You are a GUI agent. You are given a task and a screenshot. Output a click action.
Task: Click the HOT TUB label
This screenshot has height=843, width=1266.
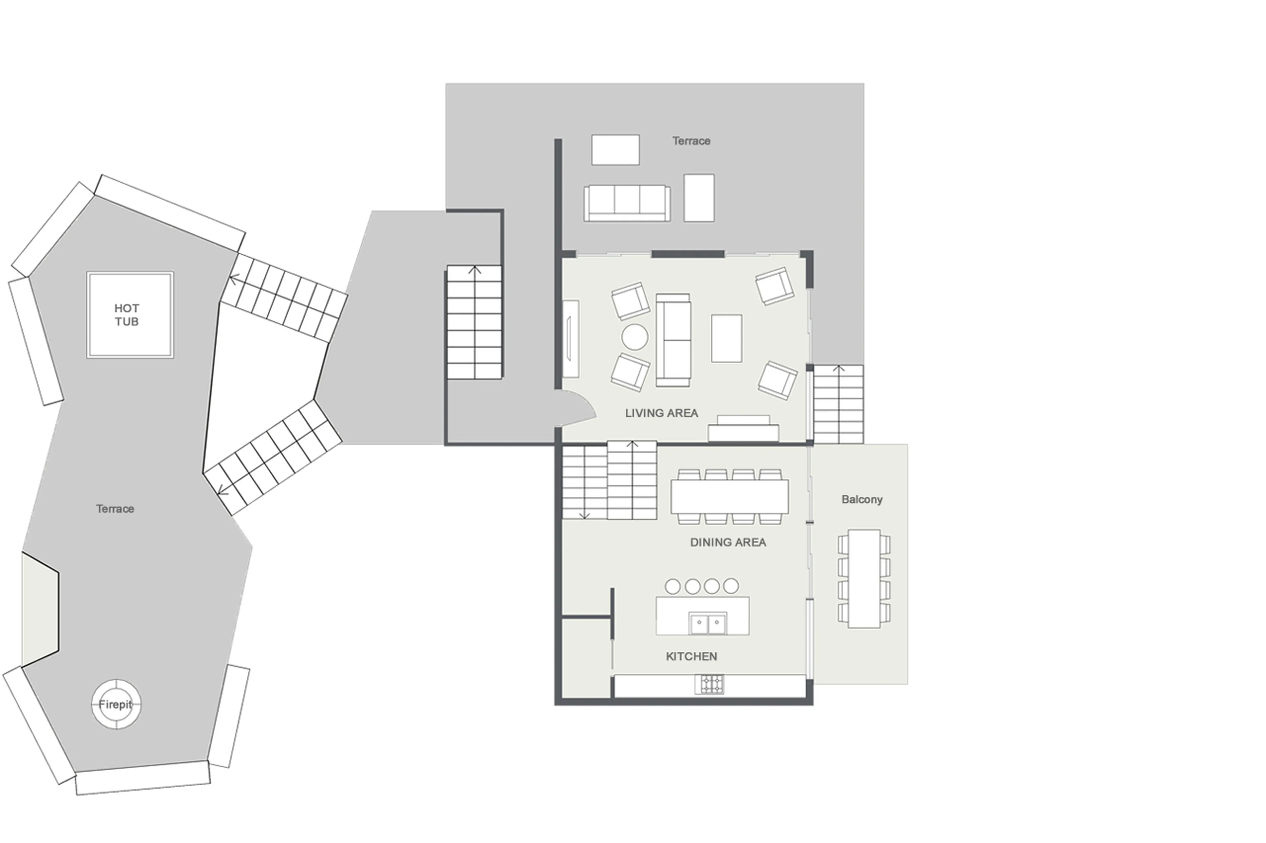click(127, 315)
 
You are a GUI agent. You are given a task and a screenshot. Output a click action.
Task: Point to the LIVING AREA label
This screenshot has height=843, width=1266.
click(661, 413)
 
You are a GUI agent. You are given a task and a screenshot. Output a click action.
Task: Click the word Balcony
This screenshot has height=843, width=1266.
click(861, 499)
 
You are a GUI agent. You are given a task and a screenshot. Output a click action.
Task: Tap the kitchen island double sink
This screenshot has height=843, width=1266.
click(708, 624)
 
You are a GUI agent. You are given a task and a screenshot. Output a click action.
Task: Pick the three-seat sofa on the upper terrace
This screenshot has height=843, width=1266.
click(627, 203)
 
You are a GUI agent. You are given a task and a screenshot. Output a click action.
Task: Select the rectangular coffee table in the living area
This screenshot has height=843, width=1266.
click(726, 338)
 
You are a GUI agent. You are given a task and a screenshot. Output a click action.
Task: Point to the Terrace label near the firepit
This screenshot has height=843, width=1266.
click(115, 509)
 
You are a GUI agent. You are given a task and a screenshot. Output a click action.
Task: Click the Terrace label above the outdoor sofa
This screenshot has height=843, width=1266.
click(691, 141)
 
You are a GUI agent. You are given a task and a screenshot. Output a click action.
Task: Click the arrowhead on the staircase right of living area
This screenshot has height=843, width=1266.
click(838, 369)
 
